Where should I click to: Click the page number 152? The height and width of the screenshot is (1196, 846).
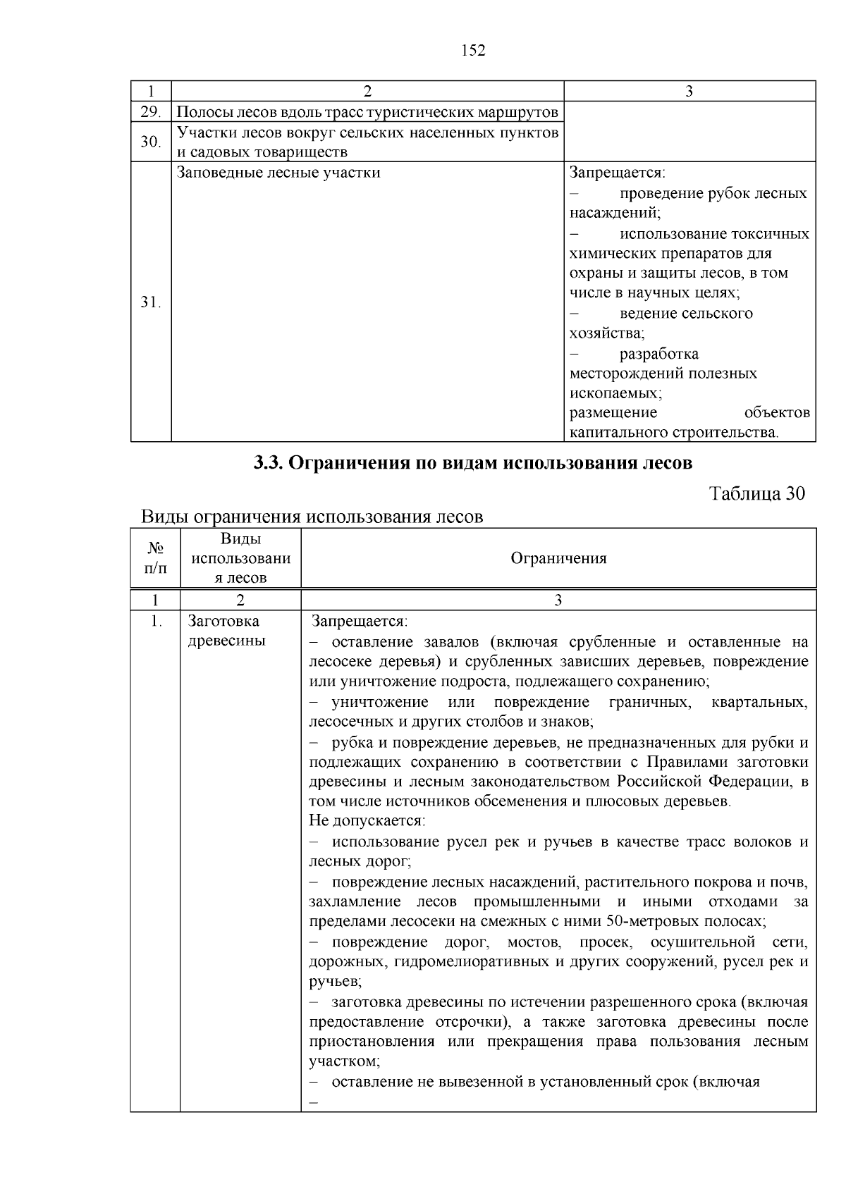(x=473, y=50)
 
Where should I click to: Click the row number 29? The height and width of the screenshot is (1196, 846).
(x=150, y=112)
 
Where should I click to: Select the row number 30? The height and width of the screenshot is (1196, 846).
(x=150, y=142)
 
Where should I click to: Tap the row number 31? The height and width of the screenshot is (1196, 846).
(x=150, y=303)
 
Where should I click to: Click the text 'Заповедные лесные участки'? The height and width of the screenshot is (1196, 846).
(x=278, y=173)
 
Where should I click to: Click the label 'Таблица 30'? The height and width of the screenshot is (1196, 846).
(x=756, y=493)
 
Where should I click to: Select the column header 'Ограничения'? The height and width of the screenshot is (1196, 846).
(x=558, y=558)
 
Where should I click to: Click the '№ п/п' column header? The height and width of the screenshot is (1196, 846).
(x=155, y=558)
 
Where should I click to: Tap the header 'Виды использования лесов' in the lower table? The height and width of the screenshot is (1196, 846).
(x=240, y=558)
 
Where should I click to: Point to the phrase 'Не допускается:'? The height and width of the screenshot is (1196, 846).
(x=367, y=821)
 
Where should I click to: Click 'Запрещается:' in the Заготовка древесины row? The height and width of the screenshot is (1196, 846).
(x=360, y=622)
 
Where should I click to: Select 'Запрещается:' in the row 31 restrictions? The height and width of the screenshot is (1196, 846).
(x=618, y=173)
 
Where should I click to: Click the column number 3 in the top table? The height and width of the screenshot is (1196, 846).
(x=689, y=91)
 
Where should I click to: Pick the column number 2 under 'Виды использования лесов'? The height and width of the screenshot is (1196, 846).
(x=240, y=600)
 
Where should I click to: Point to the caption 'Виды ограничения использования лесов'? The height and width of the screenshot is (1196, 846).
(x=312, y=517)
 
